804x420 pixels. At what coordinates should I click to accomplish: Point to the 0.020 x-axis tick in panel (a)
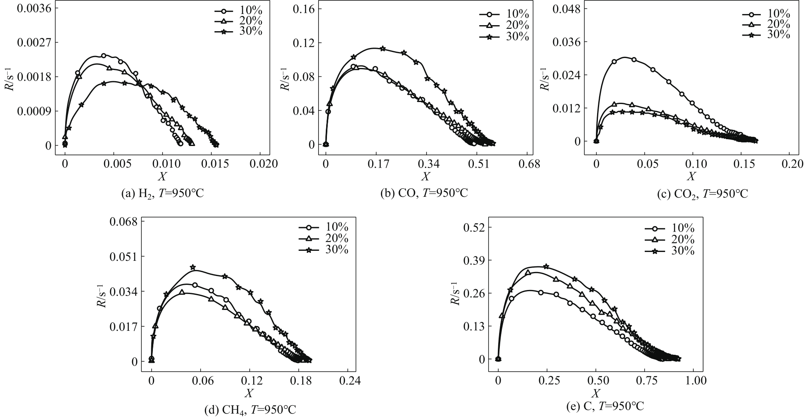coord(261,164)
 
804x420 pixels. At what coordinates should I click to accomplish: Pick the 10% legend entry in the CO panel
coord(504,15)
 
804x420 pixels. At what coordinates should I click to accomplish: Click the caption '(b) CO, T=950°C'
coord(424,194)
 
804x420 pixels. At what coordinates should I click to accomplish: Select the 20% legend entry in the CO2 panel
coord(766,25)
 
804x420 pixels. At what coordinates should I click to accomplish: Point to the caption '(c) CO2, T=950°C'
coord(702,194)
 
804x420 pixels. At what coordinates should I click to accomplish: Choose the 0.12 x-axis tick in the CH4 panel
coord(250,380)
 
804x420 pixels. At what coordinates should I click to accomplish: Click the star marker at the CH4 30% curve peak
coord(192,267)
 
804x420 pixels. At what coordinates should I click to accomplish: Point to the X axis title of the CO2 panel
coord(692,176)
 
